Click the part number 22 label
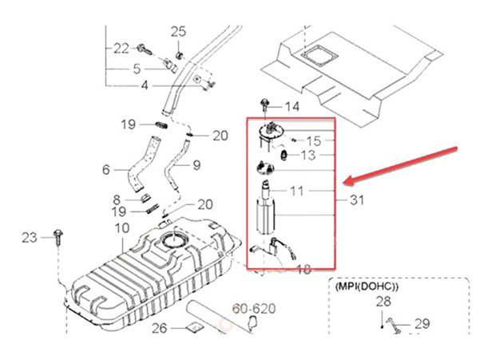coord(121,49)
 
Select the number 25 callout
coord(177,31)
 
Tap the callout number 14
coord(291,107)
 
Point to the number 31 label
coord(356,201)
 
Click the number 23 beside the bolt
coord(30,237)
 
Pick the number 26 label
coord(160,327)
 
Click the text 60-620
coord(253,307)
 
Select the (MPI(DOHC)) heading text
coord(367,285)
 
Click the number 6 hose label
coord(105,169)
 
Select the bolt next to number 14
coord(264,104)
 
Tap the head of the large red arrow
coord(344,180)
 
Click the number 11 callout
coord(297,192)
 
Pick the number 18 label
coord(304,269)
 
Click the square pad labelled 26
coord(192,328)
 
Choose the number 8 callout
coord(117,199)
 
